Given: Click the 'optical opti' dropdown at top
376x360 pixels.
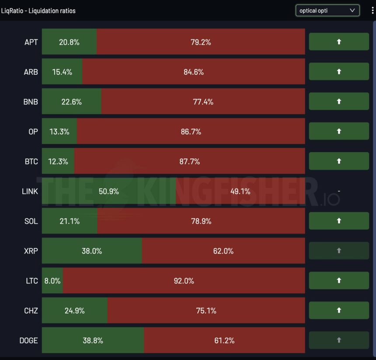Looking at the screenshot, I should click(327, 10).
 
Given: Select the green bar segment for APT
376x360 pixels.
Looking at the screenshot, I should click(69, 42).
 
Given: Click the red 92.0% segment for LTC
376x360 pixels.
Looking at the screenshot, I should click(184, 281).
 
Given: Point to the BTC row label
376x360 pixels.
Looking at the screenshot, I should click(31, 161).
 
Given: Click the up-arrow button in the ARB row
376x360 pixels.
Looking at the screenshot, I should click(339, 72).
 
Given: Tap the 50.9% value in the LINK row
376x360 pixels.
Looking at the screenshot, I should click(109, 191).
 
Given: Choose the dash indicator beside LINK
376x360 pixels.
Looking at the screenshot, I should click(339, 191).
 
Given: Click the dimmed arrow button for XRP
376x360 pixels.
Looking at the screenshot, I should click(339, 251).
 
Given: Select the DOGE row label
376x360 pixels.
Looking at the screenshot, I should click(29, 340).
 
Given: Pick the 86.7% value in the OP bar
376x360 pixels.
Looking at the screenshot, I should click(191, 132).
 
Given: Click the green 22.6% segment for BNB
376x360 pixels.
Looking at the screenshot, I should click(72, 101).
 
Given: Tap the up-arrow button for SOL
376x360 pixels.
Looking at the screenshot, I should click(339, 221).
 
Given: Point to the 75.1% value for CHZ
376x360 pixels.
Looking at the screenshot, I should click(206, 311).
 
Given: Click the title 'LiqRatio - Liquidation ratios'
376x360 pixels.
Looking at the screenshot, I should click(38, 10).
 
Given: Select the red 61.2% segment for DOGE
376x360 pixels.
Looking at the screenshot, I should click(224, 340).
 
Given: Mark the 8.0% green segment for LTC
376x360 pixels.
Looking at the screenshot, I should click(52, 281).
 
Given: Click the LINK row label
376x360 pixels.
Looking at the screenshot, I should click(30, 191).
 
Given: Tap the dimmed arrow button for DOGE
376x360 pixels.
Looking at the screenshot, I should click(339, 340).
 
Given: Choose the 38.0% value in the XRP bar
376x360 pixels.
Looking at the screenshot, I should click(92, 251).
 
